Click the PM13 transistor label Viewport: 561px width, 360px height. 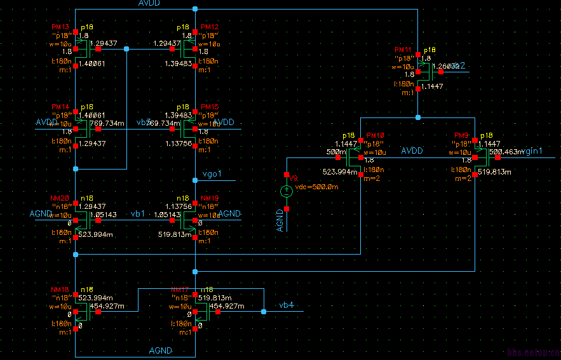(60, 27)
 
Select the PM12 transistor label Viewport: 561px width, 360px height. (210, 27)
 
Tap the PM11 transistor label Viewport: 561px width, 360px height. (403, 50)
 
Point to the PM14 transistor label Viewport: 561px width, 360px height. (60, 107)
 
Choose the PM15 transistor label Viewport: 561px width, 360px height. (210, 107)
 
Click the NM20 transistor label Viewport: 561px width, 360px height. (60, 197)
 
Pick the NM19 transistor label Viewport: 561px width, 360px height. (210, 197)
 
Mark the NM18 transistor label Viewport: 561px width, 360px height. (60, 289)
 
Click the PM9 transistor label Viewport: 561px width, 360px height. (462, 136)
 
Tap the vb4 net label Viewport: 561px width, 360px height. (287, 305)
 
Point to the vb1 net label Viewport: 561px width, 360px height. (138, 213)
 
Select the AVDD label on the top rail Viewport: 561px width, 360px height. (149, 4)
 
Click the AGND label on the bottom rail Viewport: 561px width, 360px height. (160, 350)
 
